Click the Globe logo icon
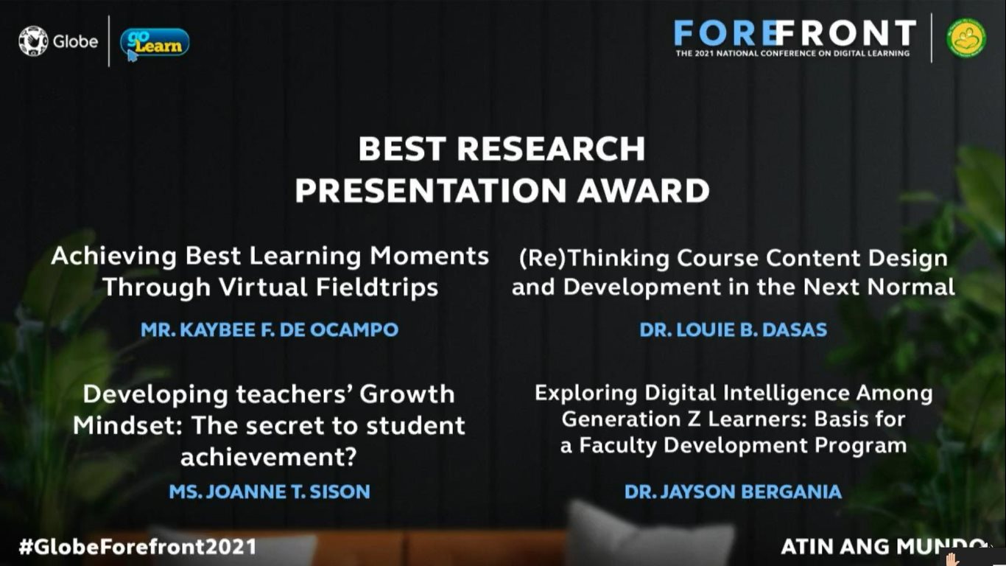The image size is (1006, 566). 33,41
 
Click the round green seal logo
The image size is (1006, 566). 966,38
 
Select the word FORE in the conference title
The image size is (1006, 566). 725,33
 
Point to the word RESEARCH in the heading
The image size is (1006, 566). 551,149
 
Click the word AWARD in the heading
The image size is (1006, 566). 643,191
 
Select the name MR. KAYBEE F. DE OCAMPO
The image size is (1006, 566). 270,330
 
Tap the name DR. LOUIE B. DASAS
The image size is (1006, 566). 733,330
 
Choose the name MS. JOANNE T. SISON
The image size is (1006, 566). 270,492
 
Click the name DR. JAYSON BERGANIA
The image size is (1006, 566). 733,492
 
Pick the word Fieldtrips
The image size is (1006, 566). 377,287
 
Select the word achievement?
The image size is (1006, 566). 269,457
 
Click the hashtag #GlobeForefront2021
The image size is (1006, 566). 138,547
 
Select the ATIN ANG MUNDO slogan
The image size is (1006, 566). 882,547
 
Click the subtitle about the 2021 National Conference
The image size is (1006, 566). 792,54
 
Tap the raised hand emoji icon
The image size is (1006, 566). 952,559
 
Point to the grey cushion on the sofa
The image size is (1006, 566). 647,534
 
